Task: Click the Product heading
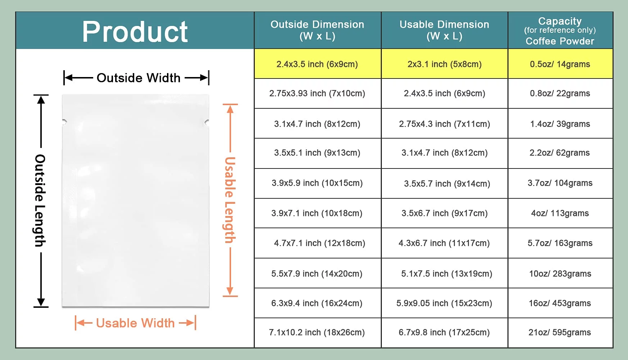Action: pos(135,32)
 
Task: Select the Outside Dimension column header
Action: pos(317,30)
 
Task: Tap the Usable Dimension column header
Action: pos(444,30)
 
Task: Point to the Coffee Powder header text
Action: pos(560,41)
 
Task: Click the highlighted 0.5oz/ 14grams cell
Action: pos(560,64)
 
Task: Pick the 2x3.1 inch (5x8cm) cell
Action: pos(444,64)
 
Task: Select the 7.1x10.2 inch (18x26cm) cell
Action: pos(317,332)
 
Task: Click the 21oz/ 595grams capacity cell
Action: pos(560,332)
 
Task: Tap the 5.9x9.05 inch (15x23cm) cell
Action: pos(444,303)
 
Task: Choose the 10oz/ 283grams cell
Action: pos(560,274)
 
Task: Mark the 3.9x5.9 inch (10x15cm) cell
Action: pos(317,183)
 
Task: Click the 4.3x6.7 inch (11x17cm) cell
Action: pos(444,243)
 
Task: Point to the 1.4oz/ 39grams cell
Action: pos(560,124)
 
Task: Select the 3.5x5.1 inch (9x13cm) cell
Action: pos(317,153)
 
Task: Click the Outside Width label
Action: pos(139,78)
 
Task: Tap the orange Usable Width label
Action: pos(135,323)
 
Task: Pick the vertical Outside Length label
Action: pos(40,201)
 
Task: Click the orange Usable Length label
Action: pos(230,200)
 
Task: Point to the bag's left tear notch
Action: pos(64,122)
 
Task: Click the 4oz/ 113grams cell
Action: pos(560,213)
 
